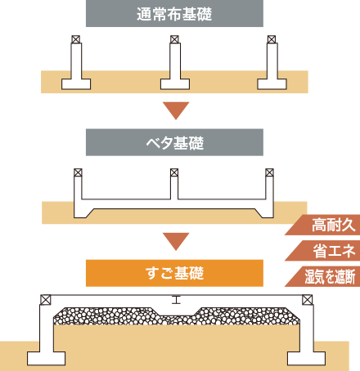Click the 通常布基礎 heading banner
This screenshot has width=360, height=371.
pyautogui.click(x=174, y=13)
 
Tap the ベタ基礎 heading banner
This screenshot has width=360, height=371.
pyautogui.click(x=174, y=142)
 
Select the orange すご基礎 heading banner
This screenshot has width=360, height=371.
pyautogui.click(x=174, y=273)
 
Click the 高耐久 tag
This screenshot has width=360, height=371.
pyautogui.click(x=322, y=225)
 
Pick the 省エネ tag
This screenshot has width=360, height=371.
pyautogui.click(x=322, y=251)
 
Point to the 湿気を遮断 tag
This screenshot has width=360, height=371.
pyautogui.click(x=322, y=276)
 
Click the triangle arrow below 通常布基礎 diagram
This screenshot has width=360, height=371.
pyautogui.click(x=176, y=110)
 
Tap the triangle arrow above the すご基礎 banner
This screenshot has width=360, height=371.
pyautogui.click(x=176, y=241)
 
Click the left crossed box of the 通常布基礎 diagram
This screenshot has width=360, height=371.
pyautogui.click(x=76, y=39)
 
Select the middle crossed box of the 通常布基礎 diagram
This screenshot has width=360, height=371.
pyautogui.click(x=174, y=39)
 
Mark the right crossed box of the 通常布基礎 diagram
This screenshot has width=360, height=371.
pyautogui.click(x=272, y=39)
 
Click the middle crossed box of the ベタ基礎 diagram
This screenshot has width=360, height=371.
pyautogui.click(x=174, y=172)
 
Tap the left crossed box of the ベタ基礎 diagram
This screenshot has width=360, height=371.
pyautogui.click(x=78, y=172)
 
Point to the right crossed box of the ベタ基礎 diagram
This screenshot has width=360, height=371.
pyautogui.click(x=269, y=172)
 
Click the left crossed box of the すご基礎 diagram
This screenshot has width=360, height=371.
pyautogui.click(x=46, y=300)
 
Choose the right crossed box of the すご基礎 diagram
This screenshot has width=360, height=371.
pyautogui.click(x=308, y=300)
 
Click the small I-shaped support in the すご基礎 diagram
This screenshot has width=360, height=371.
pyautogui.click(x=177, y=300)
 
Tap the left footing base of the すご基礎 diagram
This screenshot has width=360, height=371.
pyautogui.click(x=46, y=358)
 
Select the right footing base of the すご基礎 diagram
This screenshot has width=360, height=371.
pyautogui.click(x=306, y=358)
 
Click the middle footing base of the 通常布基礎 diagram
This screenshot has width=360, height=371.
pyautogui.click(x=175, y=84)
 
